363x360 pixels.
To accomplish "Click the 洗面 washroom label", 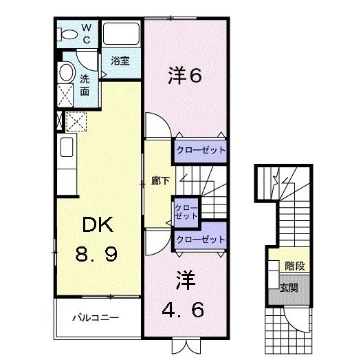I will point(84,85).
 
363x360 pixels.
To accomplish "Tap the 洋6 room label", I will point(184,75).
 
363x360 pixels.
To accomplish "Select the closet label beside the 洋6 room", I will point(200,149).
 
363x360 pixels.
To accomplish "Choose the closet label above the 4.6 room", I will point(200,240).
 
